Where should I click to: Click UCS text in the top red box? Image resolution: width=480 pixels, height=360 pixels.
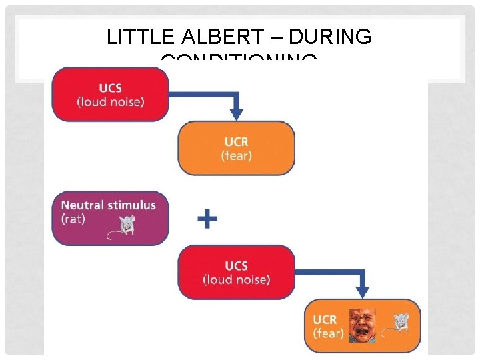coord(110,88)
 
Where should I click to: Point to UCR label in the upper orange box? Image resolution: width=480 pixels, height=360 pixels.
coord(236,143)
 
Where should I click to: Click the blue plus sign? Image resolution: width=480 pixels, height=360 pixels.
coord(208,218)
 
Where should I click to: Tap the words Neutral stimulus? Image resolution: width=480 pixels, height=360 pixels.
coord(109,205)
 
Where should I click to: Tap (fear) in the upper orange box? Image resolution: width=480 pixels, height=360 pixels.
coord(236,156)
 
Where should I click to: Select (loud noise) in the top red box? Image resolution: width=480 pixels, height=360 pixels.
coord(111,102)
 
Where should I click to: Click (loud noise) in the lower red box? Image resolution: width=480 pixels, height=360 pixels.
coord(237,279)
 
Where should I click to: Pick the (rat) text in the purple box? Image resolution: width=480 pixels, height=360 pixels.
coord(73,219)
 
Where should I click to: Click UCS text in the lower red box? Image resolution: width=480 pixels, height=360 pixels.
coord(237,265)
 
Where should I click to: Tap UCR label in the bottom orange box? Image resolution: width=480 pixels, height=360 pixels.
coord(325,319)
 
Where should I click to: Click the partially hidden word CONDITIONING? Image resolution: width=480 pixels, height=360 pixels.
coord(239,62)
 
